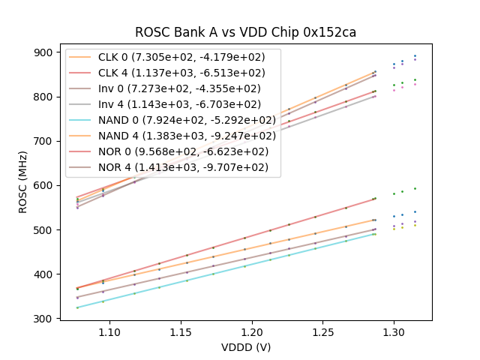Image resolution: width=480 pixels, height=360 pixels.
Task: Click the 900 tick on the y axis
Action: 44,52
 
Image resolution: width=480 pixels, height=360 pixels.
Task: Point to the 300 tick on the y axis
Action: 44,319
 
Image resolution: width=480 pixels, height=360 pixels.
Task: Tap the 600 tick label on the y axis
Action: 44,185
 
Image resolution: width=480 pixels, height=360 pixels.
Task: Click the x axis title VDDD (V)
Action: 245,347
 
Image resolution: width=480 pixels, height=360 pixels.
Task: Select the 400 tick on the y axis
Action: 44,274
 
